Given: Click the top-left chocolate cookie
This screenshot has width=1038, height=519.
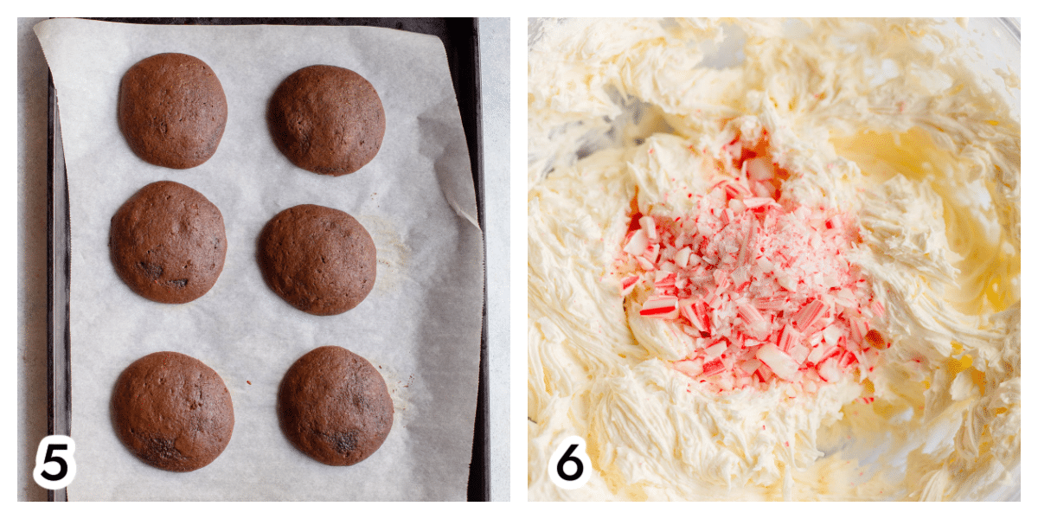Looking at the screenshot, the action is coord(173,111).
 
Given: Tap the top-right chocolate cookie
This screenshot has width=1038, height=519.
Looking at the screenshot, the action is coord(327,119).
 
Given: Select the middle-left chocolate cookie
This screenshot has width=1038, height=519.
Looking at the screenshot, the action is coord(168,242).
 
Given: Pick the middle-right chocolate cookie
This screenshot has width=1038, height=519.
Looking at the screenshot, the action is coord(317,259).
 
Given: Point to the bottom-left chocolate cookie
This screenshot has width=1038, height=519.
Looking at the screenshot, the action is coord(172,411).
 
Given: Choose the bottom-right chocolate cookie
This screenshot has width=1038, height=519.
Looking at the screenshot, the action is coord(336,406).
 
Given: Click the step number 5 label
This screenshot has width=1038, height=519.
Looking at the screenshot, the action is coord(55,462).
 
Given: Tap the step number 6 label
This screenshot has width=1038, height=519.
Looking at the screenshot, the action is coord(570,462).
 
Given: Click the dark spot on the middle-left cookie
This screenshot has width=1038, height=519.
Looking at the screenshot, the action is coord(151,269).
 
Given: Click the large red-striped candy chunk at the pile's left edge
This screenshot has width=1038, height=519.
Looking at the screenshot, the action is coord(659,308).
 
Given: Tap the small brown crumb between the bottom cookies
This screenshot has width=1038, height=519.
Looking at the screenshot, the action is coord(249,382).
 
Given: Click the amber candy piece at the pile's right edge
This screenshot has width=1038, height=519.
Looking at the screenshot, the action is coord(875,339).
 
